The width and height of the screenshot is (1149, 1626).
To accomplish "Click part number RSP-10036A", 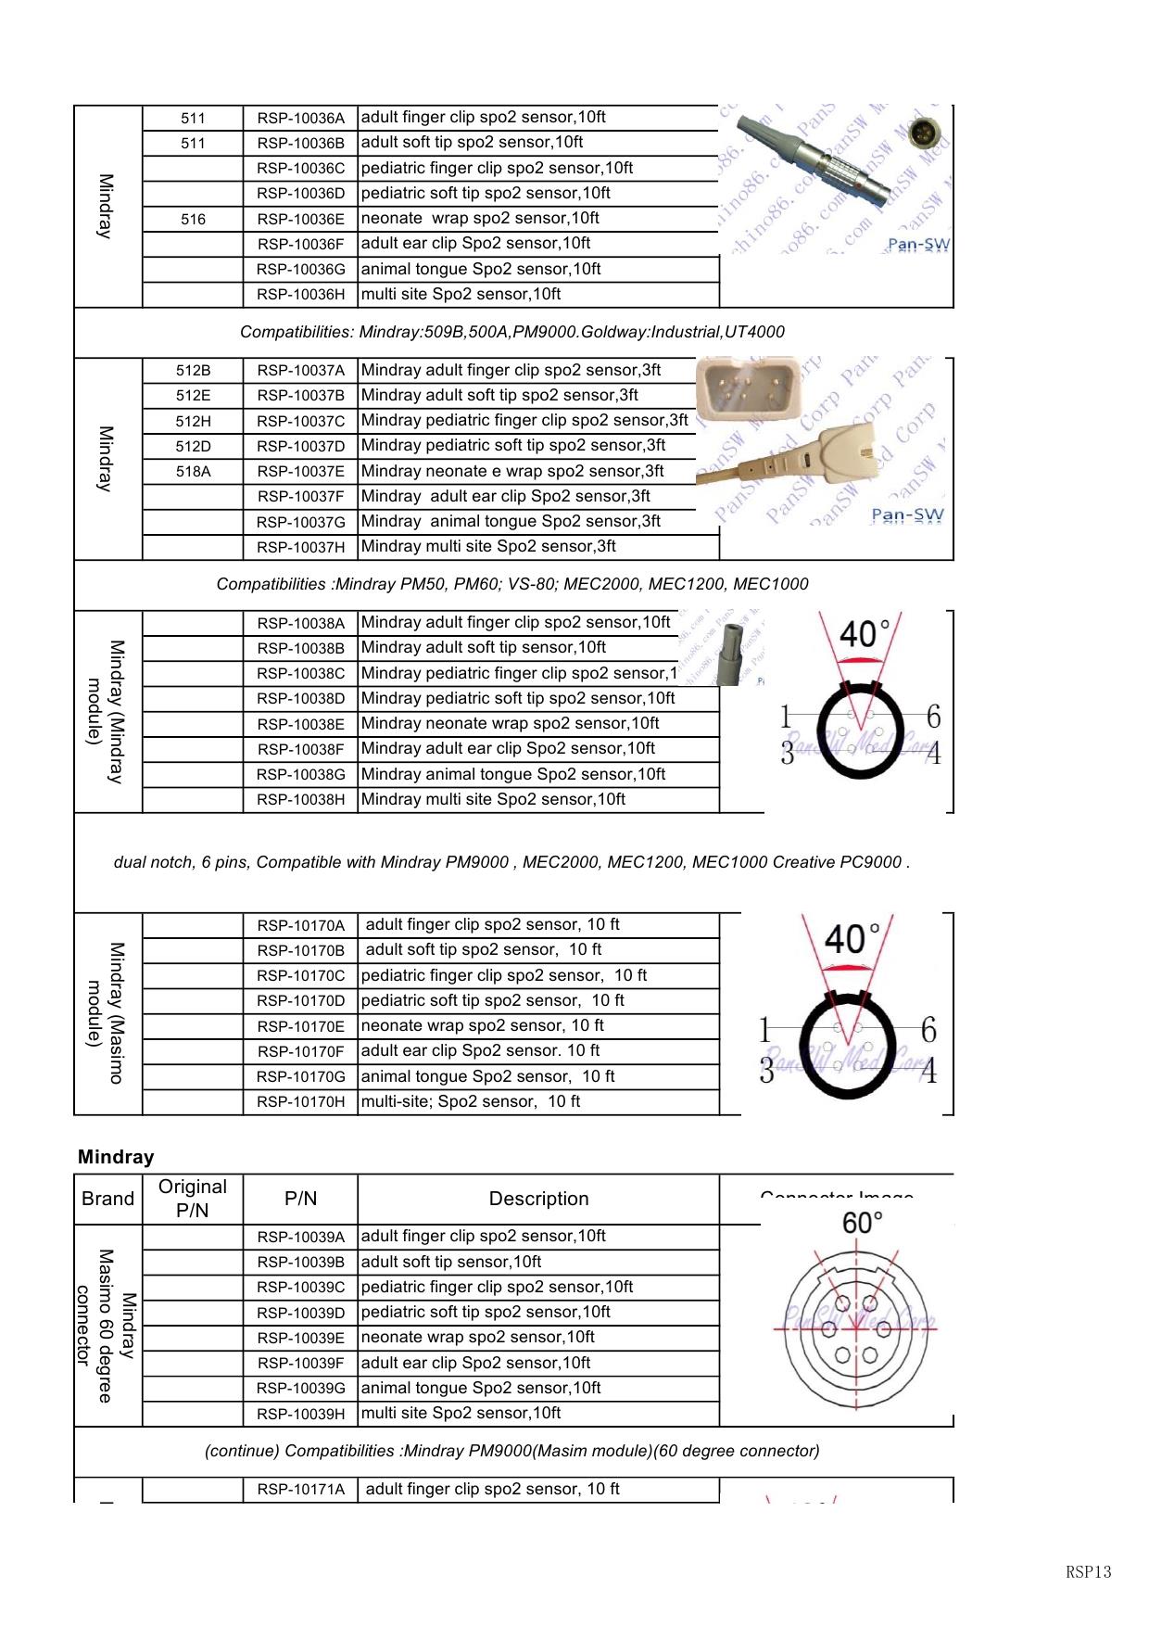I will point(300,118).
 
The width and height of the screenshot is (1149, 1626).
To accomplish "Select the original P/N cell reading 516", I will point(193,219).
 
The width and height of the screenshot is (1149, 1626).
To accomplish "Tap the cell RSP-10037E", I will point(300,472).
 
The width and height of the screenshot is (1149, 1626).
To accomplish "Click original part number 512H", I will point(193,421).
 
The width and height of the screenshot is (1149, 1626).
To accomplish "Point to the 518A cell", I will point(193,472).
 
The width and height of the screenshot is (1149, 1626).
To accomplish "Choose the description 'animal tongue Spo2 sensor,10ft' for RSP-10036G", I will point(481,269).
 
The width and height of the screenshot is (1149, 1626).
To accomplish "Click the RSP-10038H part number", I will point(300,799).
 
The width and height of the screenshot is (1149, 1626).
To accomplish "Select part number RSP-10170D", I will point(300,1001).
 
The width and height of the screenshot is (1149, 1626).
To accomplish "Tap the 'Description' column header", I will point(538,1199).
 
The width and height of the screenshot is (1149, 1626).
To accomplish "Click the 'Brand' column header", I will point(107,1199).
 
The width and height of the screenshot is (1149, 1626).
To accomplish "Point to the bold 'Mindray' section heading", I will point(116,1157).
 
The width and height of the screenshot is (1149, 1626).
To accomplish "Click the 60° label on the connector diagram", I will point(862,1224).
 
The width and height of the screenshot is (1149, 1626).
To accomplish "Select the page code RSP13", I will point(1088,1571).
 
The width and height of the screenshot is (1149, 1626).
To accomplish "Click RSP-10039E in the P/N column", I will point(300,1338).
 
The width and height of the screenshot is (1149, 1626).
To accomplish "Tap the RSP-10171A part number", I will point(300,1490).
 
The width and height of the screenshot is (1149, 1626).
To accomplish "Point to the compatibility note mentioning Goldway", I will point(511,332).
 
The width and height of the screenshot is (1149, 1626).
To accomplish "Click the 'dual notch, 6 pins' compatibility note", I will point(511,862).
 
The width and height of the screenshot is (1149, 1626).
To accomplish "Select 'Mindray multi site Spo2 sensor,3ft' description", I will point(488,546).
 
